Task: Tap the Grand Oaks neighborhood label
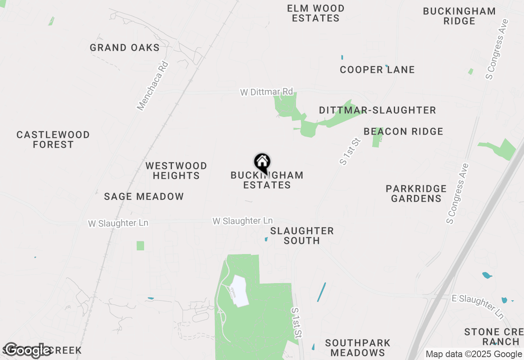124,48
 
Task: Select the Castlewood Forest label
53,139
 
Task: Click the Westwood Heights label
176,171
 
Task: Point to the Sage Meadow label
144,197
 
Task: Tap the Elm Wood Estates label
316,13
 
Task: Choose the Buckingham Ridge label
459,16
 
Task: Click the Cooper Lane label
377,70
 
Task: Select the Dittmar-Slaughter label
377,110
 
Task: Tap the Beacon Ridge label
403,132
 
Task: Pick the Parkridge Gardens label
416,193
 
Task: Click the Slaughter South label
302,236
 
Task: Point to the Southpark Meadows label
358,347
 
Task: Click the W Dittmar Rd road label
267,92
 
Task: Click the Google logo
28,350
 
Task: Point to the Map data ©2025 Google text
474,354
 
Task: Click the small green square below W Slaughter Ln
140,245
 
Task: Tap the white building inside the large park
240,291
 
